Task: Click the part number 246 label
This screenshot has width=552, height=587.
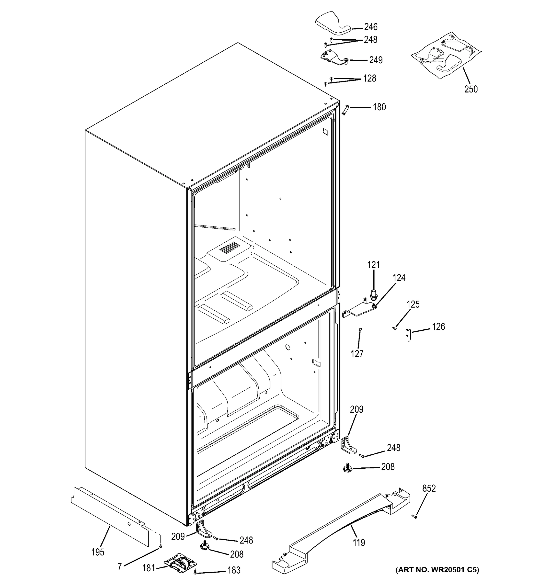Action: (x=370, y=27)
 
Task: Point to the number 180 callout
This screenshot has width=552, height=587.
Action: (x=379, y=107)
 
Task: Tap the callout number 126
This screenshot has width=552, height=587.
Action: (x=438, y=327)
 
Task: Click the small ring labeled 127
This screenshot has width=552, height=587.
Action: (x=360, y=329)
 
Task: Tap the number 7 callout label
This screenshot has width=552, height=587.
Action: (x=120, y=567)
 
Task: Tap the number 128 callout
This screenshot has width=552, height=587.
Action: (x=369, y=78)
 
